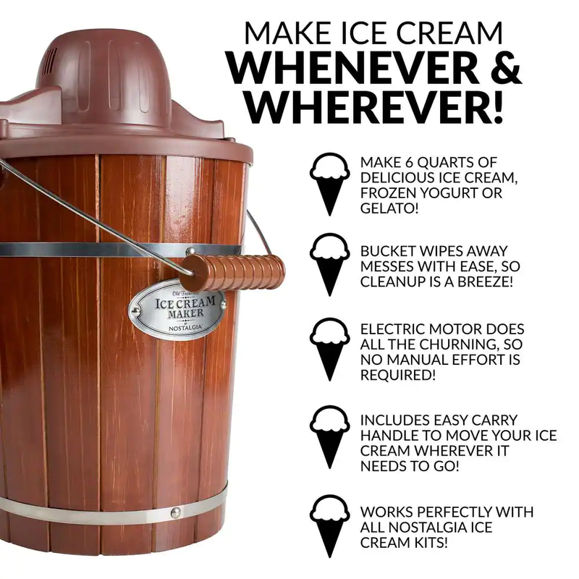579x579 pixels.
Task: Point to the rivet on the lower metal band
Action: [174, 512]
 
